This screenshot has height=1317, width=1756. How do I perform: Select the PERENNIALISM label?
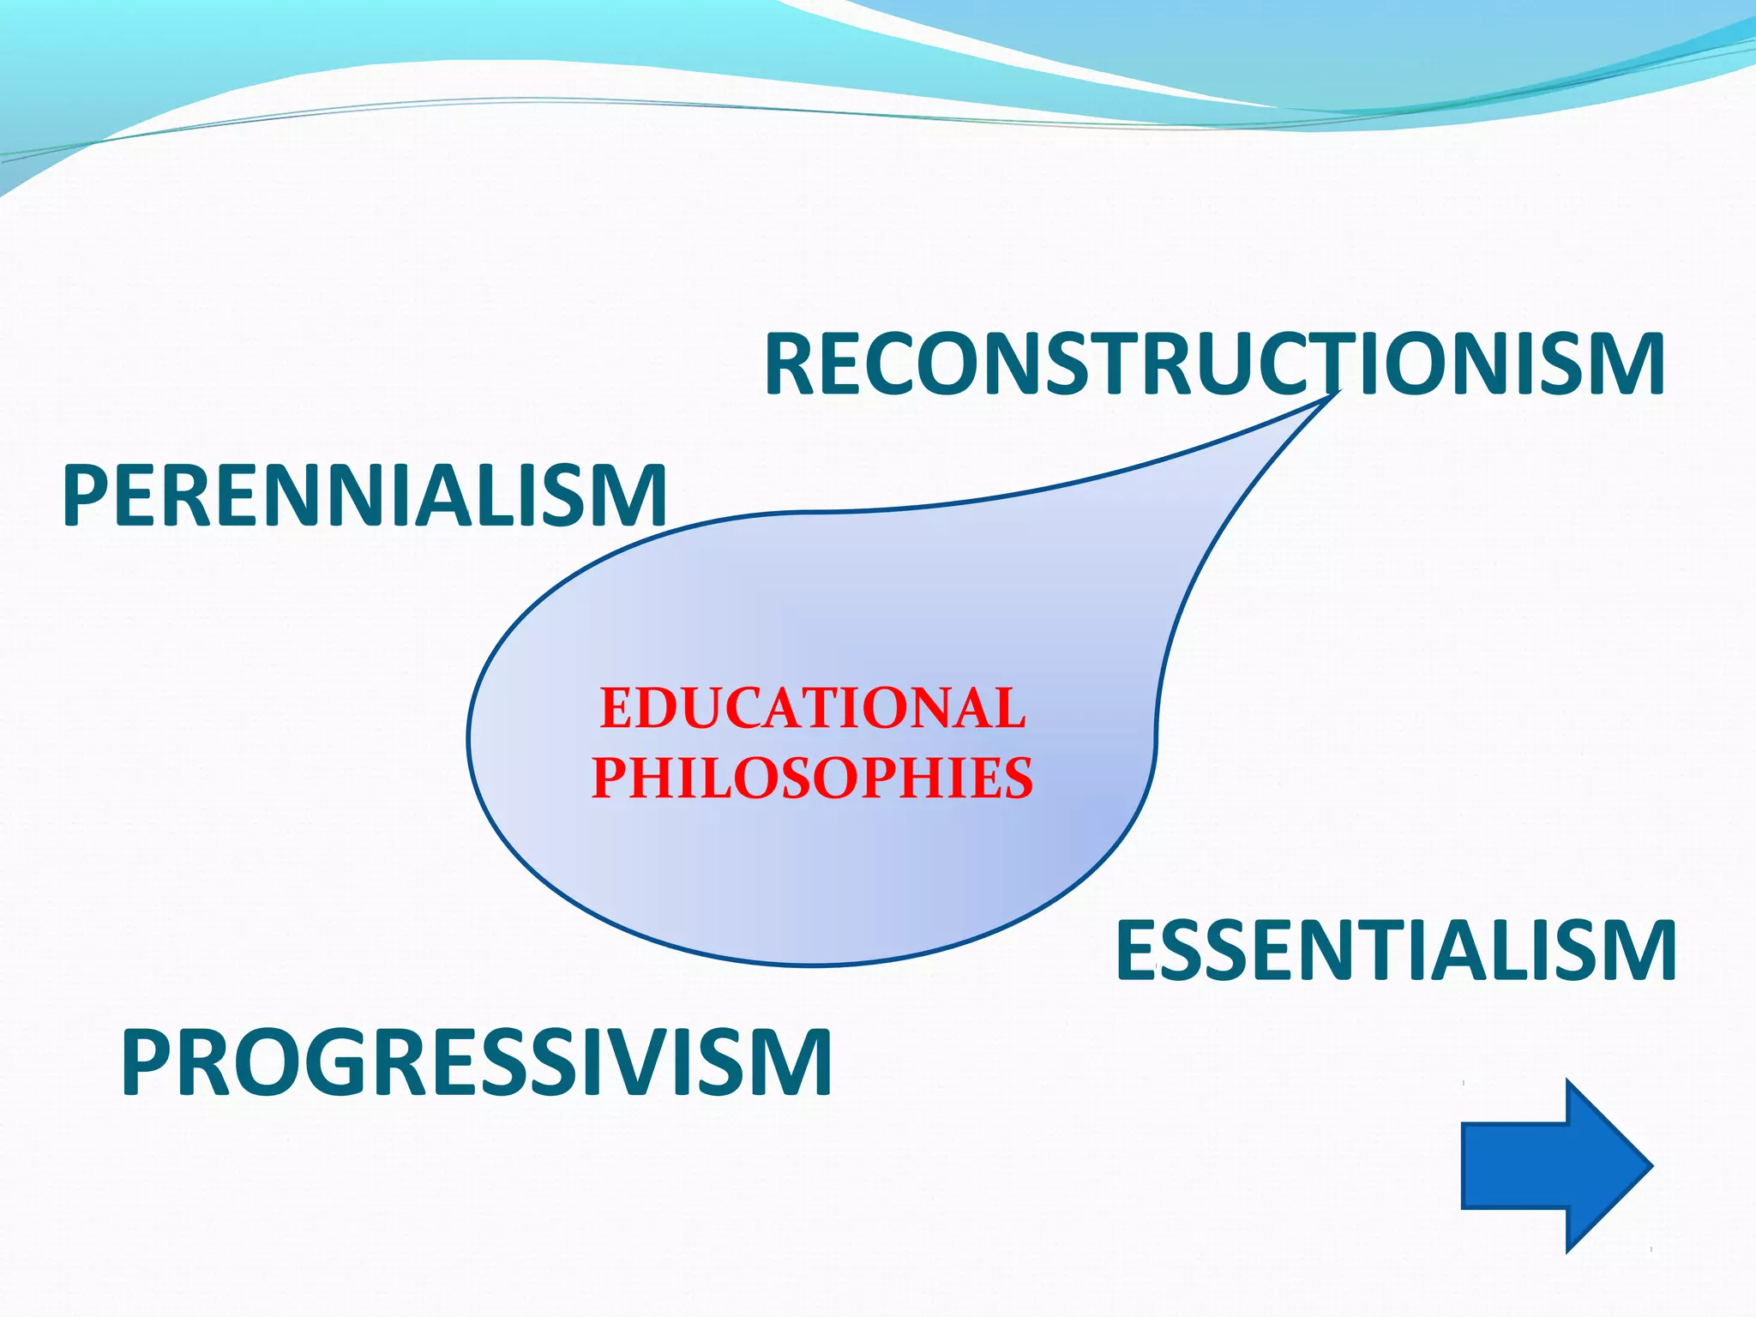click(364, 496)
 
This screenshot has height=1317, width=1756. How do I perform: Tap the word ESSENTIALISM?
click(1396, 950)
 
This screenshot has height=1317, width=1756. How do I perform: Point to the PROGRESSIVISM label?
click(477, 1063)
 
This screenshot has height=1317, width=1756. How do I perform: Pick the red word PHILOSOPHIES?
click(812, 778)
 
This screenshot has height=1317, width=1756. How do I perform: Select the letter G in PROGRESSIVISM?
click(326, 1063)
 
